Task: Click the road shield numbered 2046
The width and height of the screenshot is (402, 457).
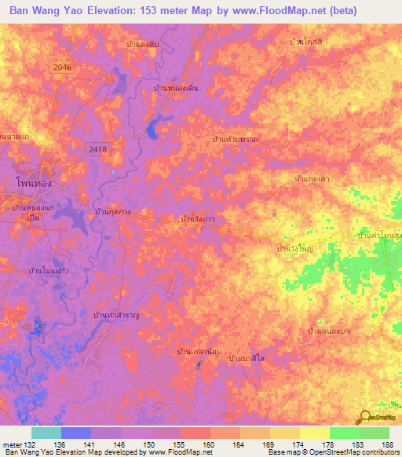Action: pos(63,68)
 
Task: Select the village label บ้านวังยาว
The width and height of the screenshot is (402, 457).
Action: pos(199,220)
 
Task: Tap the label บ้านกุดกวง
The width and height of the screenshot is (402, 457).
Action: pos(112,212)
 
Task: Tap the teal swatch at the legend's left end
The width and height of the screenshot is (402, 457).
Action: pos(46,433)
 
